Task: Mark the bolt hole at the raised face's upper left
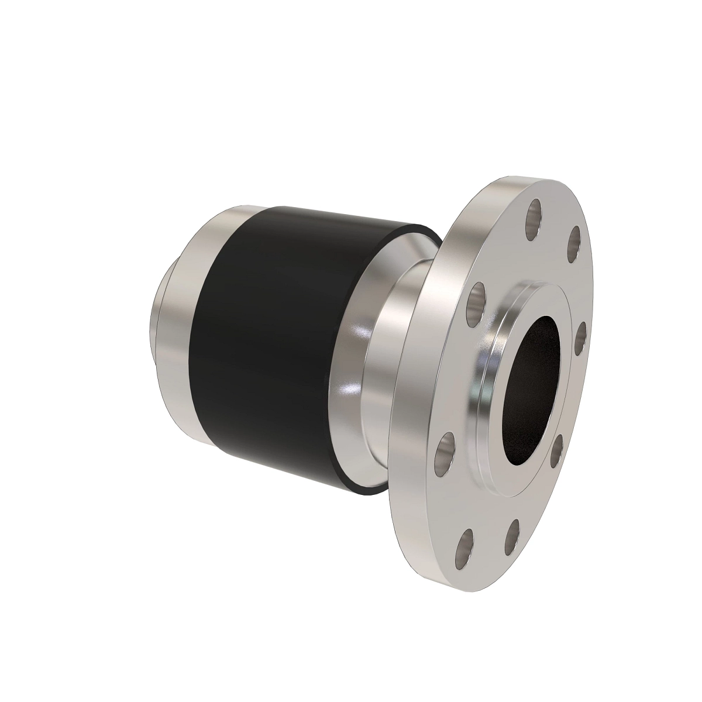[x=479, y=301]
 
